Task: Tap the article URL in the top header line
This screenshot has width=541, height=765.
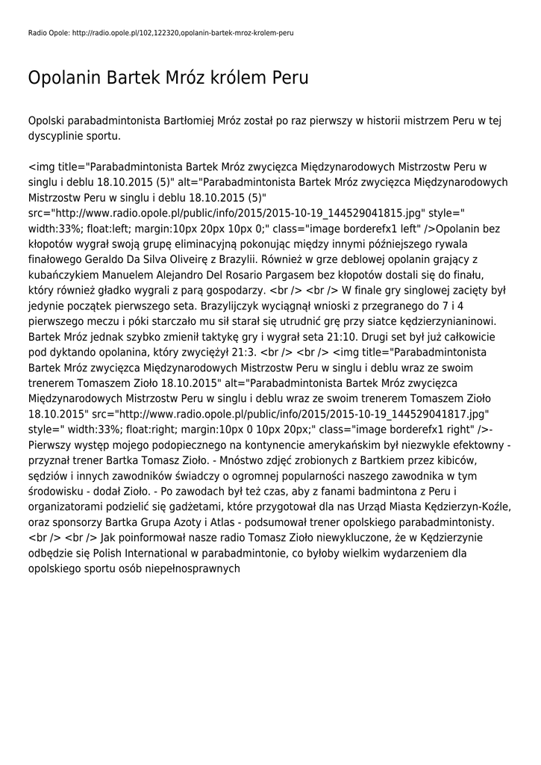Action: [183, 34]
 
